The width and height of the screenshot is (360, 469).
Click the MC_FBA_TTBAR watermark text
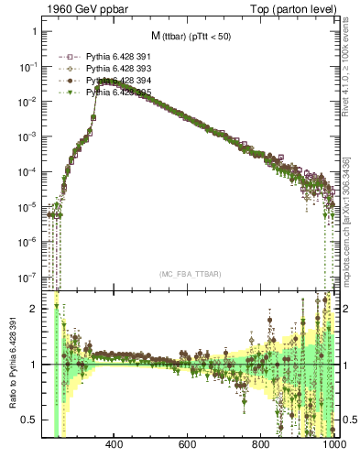tap(190, 274)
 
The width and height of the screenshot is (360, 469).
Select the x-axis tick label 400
tap(115, 446)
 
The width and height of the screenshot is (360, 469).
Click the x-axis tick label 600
tap(188, 446)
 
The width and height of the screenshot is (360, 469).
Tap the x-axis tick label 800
tap(261, 446)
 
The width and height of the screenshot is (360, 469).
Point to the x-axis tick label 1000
tap(332, 446)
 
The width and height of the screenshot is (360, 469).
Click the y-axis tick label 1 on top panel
tap(34, 31)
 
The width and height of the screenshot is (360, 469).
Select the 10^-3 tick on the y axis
tap(28, 136)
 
